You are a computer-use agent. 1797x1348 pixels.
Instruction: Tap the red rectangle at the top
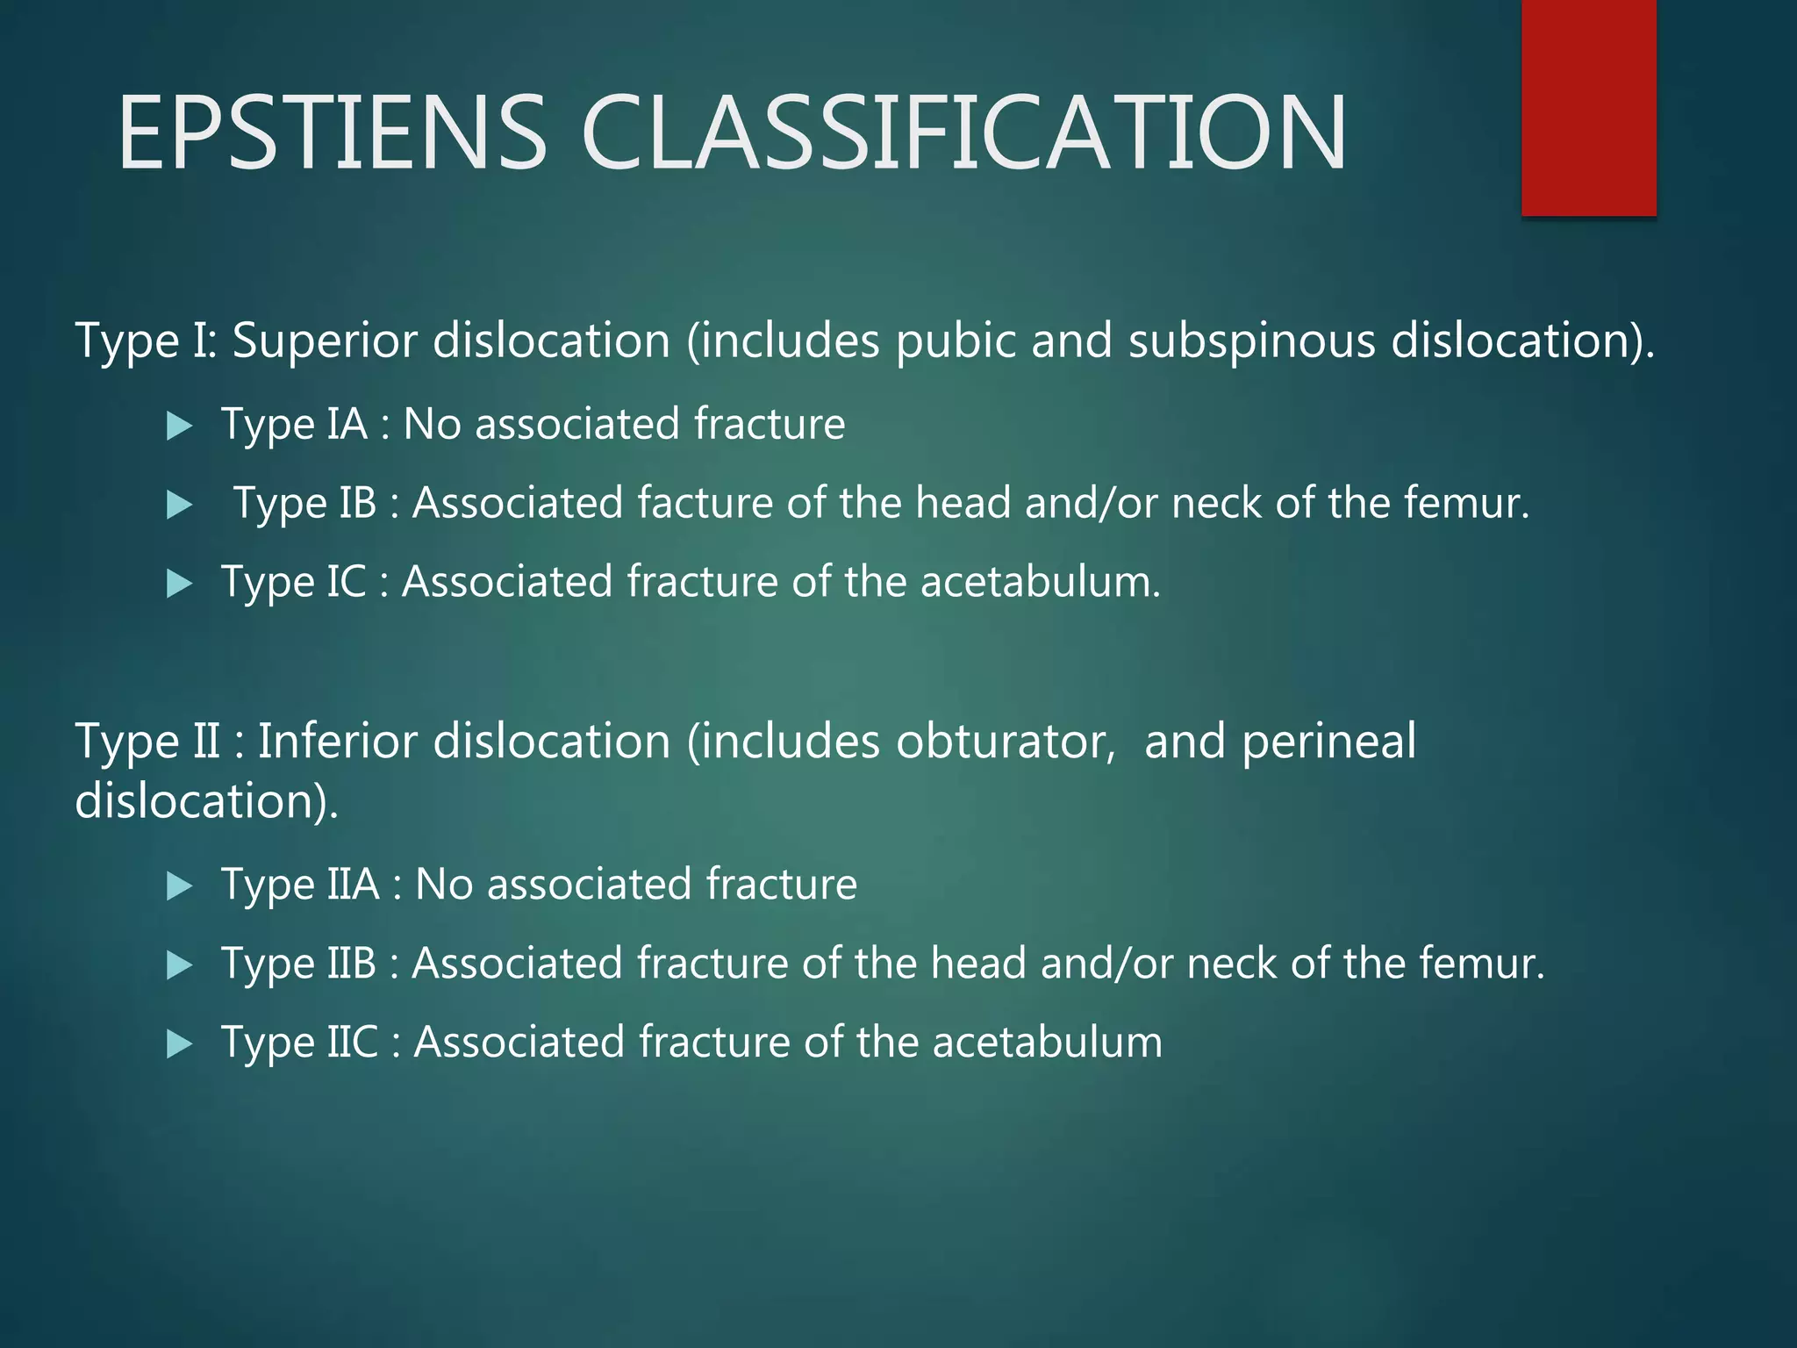[x=1588, y=107]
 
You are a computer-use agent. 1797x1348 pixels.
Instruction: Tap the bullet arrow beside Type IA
[x=179, y=427]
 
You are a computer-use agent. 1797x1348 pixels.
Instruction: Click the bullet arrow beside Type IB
[x=179, y=505]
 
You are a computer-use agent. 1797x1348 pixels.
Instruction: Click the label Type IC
[x=293, y=582]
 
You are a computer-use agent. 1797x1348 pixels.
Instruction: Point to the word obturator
[x=1006, y=742]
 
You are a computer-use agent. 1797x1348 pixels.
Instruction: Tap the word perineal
[x=1328, y=742]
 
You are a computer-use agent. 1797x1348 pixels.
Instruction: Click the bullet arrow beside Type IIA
[x=179, y=886]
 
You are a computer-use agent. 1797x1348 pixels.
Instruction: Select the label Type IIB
[x=298, y=964]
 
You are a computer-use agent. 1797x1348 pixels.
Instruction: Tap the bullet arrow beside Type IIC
[x=179, y=1043]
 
